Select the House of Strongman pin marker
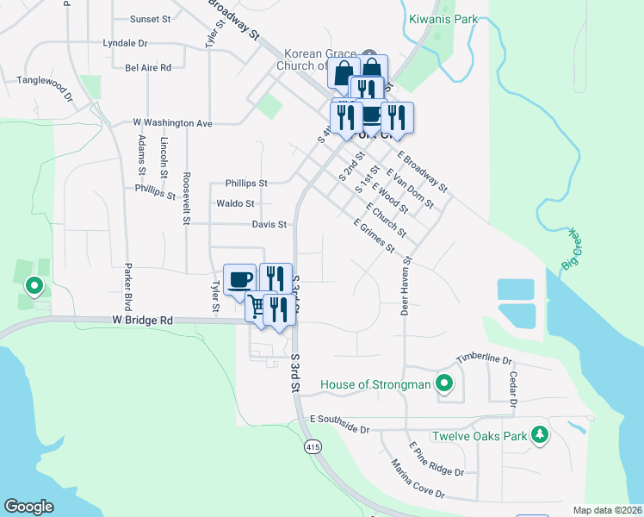point(444,383)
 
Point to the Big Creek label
point(571,250)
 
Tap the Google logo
point(28,506)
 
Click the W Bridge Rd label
point(142,320)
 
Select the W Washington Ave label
point(171,123)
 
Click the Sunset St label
point(151,18)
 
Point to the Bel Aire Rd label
point(148,66)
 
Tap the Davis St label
point(269,224)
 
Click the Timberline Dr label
point(484,358)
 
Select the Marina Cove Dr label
point(416,481)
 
